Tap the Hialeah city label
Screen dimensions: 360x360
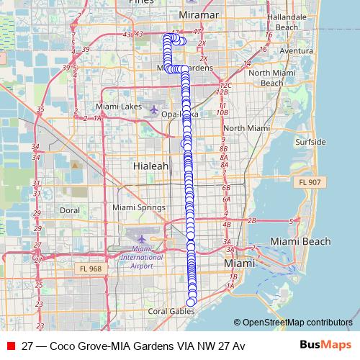[x=151, y=166]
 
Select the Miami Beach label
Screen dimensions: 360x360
[x=300, y=241]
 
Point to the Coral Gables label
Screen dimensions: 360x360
[x=171, y=312]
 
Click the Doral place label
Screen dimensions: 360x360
[x=70, y=211]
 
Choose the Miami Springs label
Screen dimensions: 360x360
[x=139, y=207]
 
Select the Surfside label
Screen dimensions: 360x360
[x=310, y=142]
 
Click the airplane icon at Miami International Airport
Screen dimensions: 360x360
[x=142, y=238]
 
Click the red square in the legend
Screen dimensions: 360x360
[x=10, y=346]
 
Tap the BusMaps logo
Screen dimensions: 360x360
[x=326, y=346]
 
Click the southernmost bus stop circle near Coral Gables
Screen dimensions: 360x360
[x=192, y=302]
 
